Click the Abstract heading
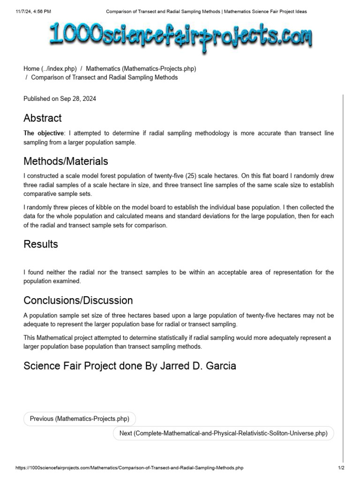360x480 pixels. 43,118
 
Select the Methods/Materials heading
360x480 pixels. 66,162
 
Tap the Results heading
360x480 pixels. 41,244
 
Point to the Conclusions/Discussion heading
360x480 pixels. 78,300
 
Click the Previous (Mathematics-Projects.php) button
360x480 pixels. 79,419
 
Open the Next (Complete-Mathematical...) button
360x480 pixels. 223,434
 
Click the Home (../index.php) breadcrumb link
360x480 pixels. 50,68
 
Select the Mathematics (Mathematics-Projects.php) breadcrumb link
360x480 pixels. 141,68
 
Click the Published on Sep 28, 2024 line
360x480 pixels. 60,99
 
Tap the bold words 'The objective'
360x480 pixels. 43,134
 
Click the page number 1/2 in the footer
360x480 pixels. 341,468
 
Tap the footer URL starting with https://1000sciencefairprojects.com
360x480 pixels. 129,468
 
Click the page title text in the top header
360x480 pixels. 206,11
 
